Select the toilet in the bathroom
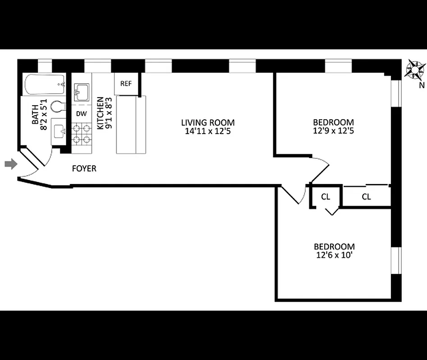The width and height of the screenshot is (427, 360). tap(58, 107)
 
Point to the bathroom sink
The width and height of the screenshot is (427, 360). tap(59, 132)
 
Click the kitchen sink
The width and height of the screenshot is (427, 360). tap(82, 92)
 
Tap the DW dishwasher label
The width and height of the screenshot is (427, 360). tap(81, 114)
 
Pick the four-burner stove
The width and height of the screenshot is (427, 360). tap(82, 133)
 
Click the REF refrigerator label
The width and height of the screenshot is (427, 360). tap(126, 84)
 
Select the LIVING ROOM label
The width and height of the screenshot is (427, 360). tap(208, 122)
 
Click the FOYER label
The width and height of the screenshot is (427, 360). tap(84, 169)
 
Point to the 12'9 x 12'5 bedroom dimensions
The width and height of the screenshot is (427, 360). tap(333, 131)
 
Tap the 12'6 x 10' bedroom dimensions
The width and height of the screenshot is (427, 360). tap(334, 256)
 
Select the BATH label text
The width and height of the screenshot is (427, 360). tap(35, 115)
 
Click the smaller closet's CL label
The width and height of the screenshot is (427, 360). tap(326, 197)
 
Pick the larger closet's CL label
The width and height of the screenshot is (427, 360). tap(366, 197)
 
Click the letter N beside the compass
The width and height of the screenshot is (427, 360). tap(422, 85)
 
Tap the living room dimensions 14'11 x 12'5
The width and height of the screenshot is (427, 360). tap(208, 131)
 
